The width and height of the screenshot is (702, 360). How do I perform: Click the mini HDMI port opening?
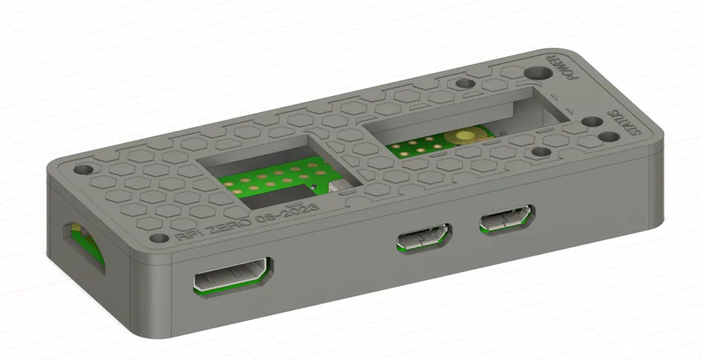pyautogui.click(x=232, y=274)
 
